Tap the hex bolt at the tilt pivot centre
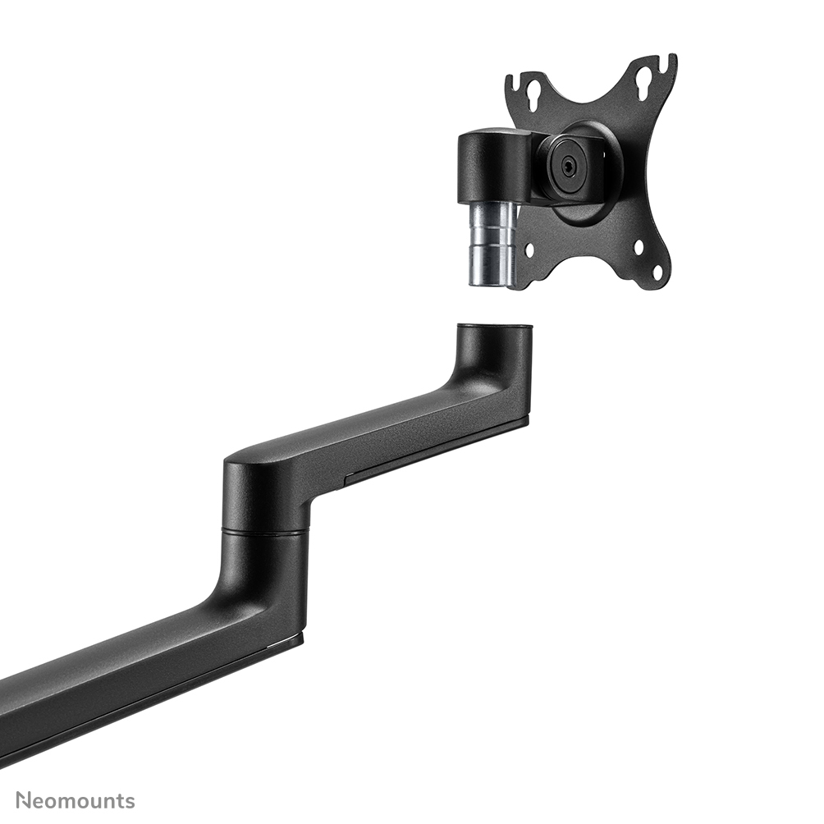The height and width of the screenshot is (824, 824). tap(568, 163)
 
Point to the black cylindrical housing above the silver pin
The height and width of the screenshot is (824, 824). tap(482, 168)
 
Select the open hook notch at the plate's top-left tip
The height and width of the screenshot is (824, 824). tap(510, 82)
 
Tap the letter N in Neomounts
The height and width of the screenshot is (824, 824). tap(24, 800)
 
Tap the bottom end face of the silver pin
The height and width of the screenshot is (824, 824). tap(491, 283)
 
